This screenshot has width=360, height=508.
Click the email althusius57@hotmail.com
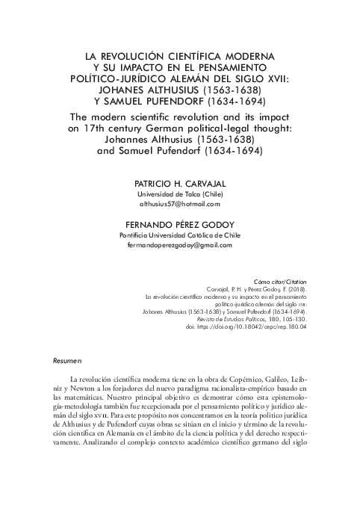click(180, 203)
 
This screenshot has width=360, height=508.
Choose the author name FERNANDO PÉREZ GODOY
click(180, 223)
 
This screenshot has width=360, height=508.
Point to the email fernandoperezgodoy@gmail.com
click(180, 245)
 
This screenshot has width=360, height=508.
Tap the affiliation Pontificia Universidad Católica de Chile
click(180, 235)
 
